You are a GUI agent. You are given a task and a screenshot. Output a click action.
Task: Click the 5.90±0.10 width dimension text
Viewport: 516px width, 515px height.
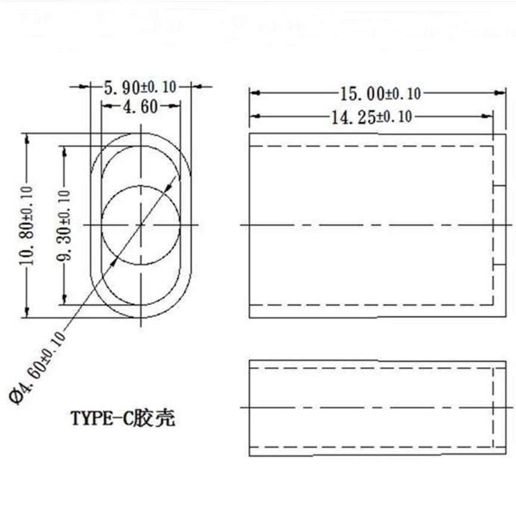click(x=140, y=87)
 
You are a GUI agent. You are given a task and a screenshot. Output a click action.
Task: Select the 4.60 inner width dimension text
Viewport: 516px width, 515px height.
click(x=140, y=107)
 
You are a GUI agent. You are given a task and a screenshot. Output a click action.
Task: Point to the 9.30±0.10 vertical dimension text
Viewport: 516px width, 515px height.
click(x=64, y=225)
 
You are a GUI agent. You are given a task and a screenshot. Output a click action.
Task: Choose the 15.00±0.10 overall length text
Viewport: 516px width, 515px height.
click(x=381, y=93)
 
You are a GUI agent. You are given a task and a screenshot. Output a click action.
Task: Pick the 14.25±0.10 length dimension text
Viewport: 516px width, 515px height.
click(x=371, y=116)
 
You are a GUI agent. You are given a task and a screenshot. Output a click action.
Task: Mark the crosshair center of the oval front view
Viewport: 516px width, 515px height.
click(x=141, y=225)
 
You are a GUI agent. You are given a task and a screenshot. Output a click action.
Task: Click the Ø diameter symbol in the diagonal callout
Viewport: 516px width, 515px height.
click(x=16, y=396)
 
